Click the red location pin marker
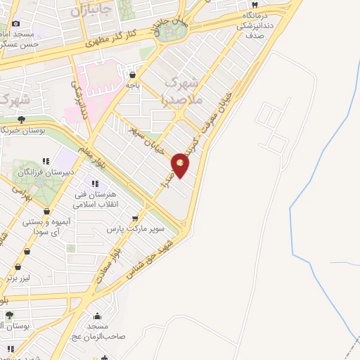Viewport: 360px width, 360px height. (181, 165)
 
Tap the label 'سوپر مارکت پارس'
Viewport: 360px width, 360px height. (136, 229)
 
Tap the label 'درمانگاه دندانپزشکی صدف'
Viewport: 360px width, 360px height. (250, 24)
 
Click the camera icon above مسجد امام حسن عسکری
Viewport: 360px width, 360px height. (16, 22)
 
